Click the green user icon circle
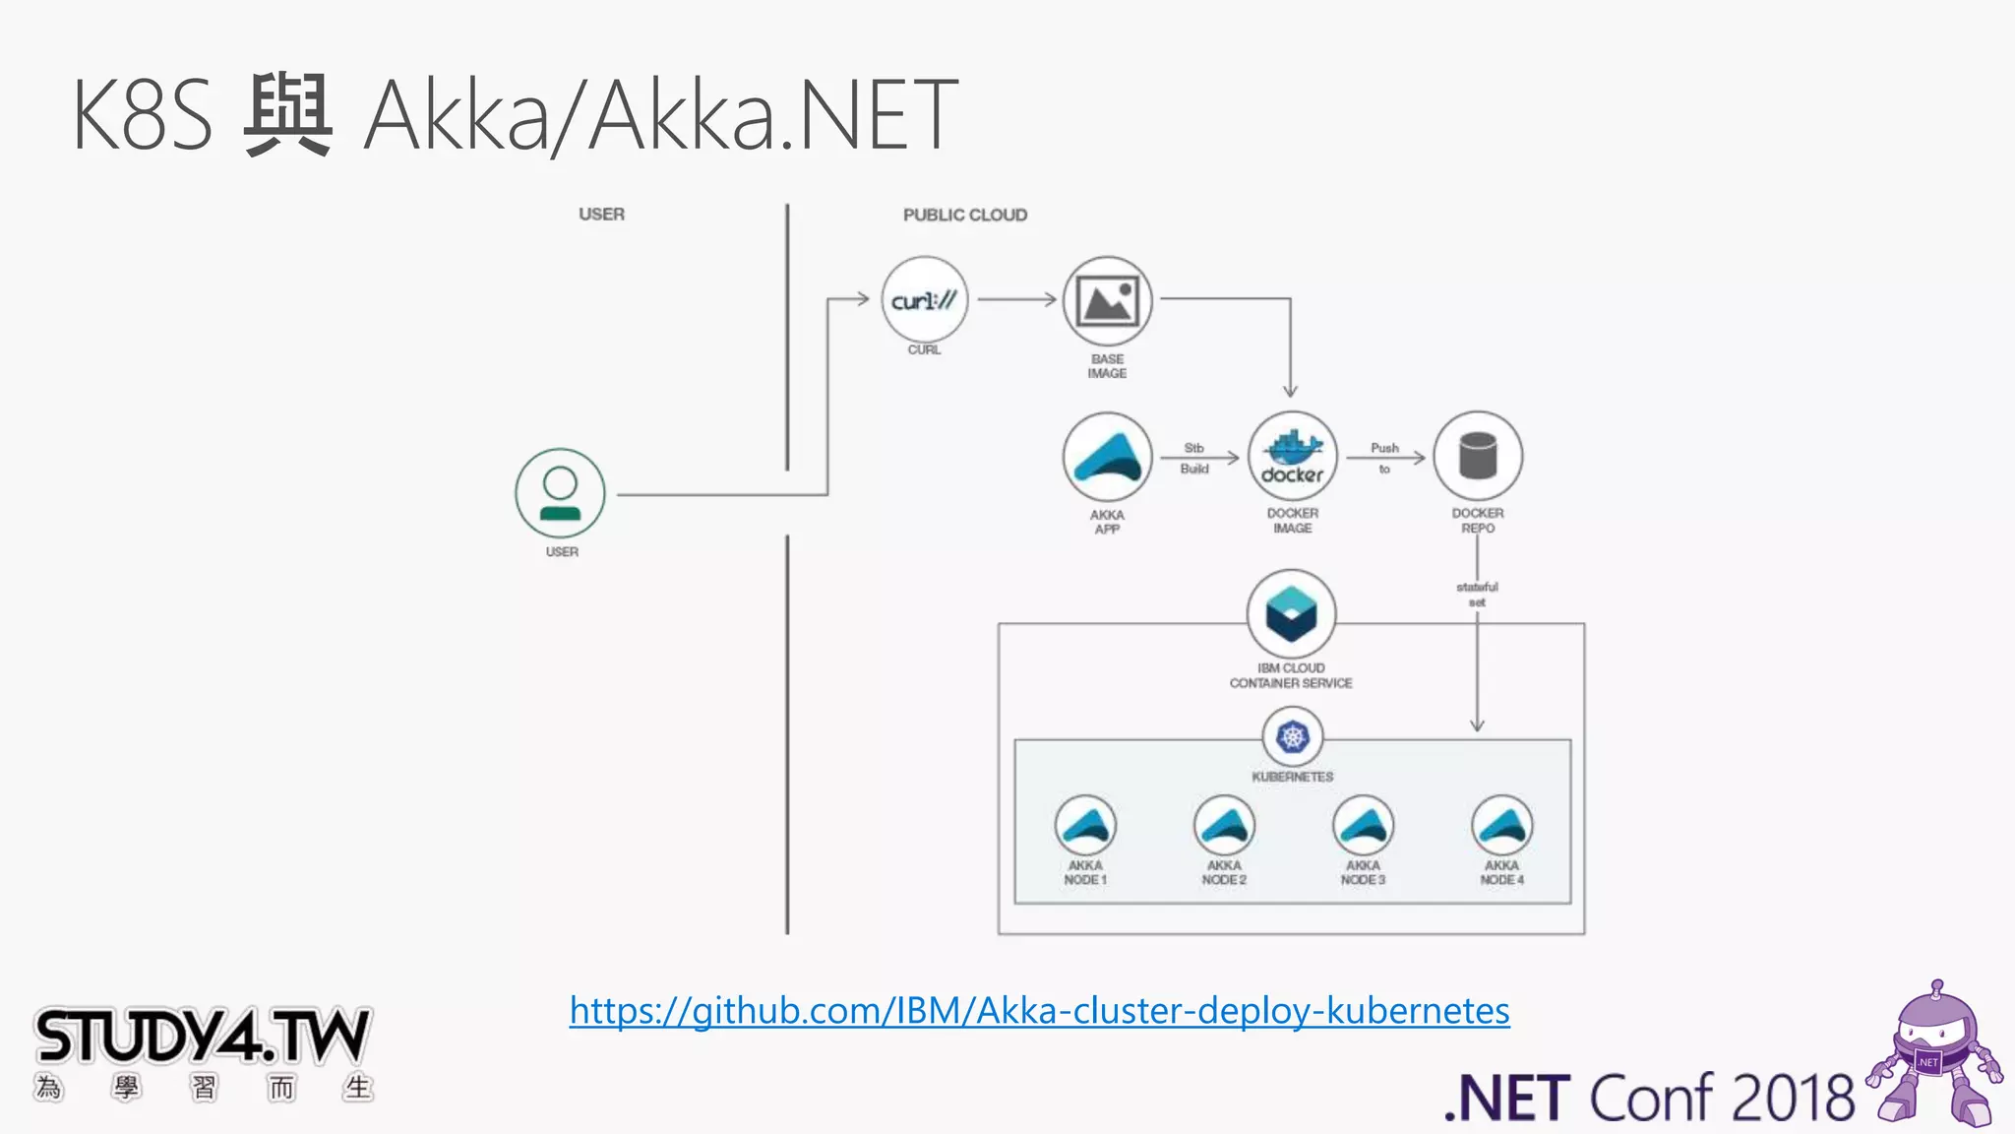(560, 493)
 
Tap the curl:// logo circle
(924, 300)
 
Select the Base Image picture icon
(1107, 301)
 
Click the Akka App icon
(1107, 458)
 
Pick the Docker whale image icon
(1293, 456)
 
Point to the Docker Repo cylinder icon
(1478, 456)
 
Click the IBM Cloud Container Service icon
(1291, 613)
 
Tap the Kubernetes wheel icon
(1293, 736)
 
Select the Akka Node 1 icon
(1085, 825)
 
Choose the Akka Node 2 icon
(1224, 825)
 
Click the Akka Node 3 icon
(1363, 825)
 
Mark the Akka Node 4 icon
(1501, 825)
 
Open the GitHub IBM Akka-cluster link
(1039, 1011)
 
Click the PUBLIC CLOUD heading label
(965, 215)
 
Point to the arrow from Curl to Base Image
(1016, 299)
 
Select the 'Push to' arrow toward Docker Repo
(1386, 458)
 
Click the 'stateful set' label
(1477, 594)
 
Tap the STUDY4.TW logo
(203, 1038)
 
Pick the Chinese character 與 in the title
(287, 115)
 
